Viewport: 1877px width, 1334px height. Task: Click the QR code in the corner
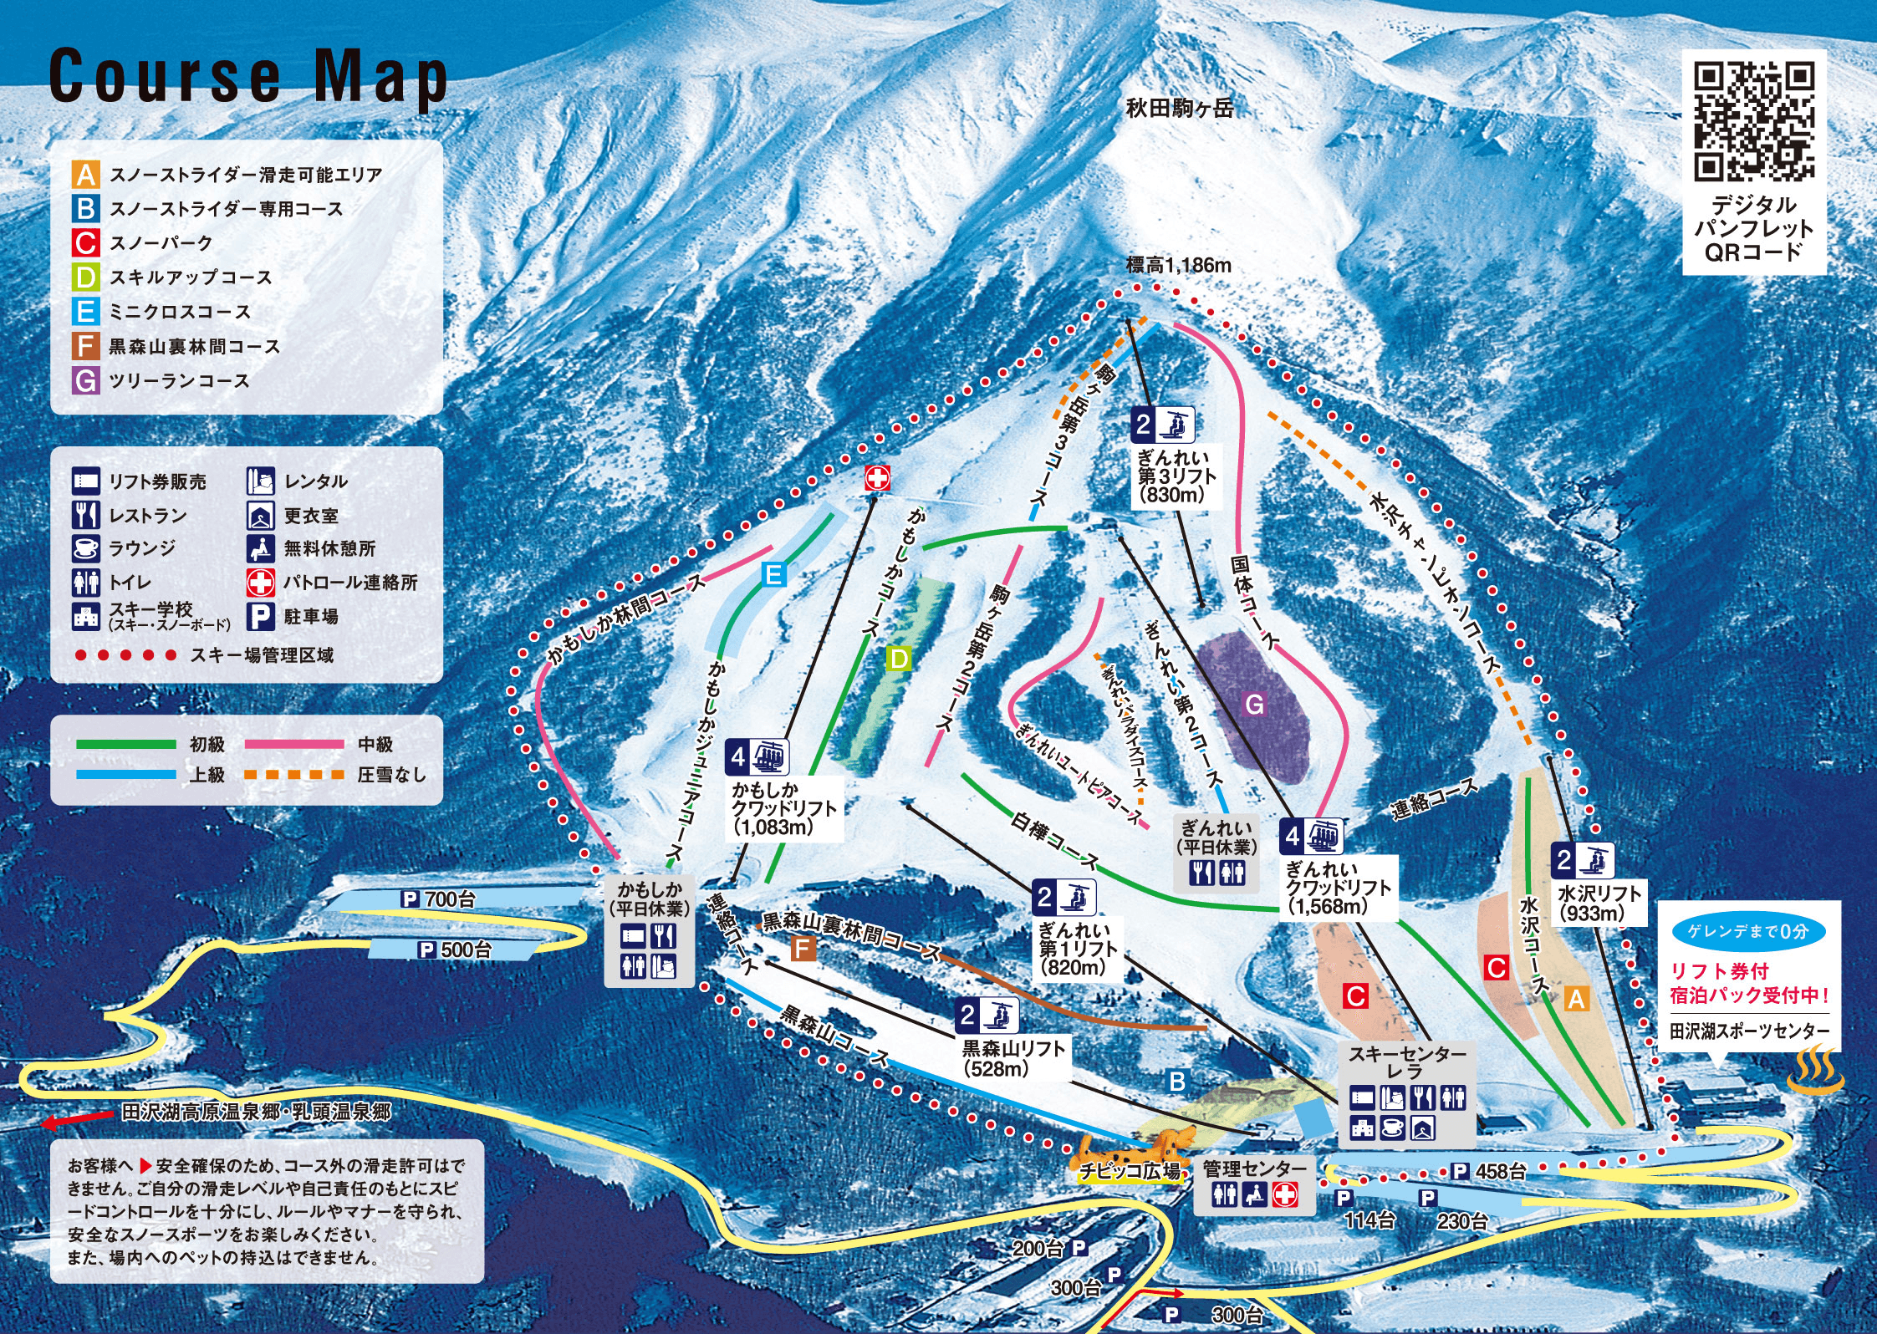click(1754, 122)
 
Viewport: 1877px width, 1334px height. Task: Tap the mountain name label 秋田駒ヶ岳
click(1180, 108)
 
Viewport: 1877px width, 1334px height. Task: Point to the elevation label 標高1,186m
click(1178, 266)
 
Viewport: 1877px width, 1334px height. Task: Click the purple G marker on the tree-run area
click(1254, 705)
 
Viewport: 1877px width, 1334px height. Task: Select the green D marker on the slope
click(899, 659)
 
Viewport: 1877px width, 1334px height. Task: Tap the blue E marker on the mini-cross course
click(774, 574)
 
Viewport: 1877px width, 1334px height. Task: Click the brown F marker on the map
click(802, 949)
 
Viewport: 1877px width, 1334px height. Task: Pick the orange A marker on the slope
click(1575, 999)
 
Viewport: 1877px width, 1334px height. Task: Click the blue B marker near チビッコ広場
click(1176, 1082)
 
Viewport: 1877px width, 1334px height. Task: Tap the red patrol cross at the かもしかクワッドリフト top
click(876, 478)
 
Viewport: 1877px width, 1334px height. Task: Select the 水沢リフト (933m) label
click(1598, 903)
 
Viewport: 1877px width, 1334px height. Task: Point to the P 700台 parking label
click(438, 899)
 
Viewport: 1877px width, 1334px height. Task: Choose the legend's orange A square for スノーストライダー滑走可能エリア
click(85, 175)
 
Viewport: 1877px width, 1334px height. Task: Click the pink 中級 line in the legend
click(294, 744)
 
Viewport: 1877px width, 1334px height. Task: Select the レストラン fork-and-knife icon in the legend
click(85, 515)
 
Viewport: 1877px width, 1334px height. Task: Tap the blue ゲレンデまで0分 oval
click(1747, 931)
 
